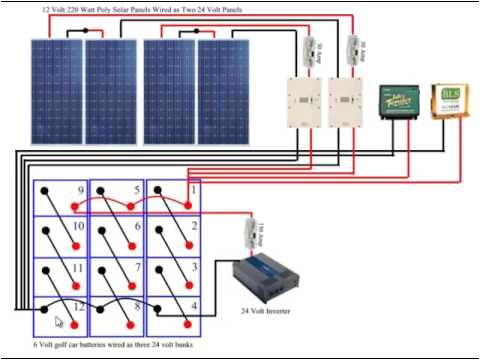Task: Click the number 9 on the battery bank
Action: (x=80, y=190)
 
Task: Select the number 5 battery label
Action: (x=137, y=190)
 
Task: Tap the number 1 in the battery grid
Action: (x=193, y=189)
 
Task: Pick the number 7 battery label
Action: (x=137, y=268)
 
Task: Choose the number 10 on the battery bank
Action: (x=79, y=228)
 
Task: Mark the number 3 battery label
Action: (x=193, y=267)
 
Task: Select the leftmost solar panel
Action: (x=55, y=91)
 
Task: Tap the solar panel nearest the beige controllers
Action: (x=223, y=91)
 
